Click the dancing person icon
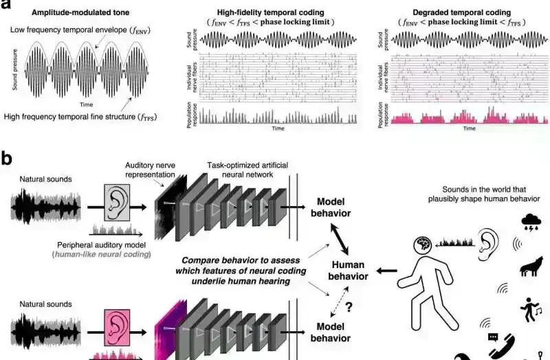(530, 307)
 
